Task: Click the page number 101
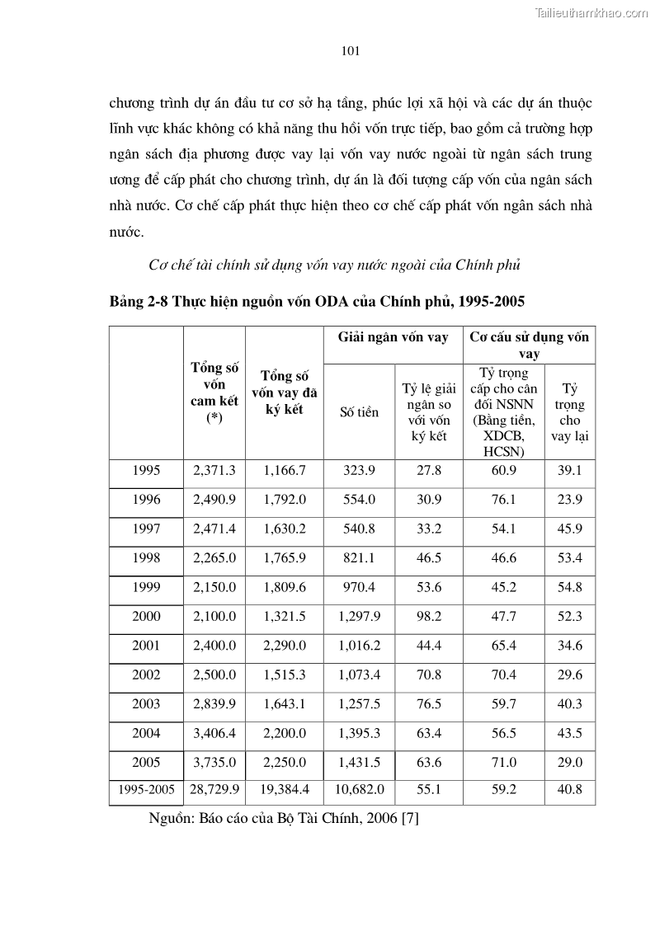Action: pos(350,51)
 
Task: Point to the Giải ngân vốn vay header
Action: pos(393,337)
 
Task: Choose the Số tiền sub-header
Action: pos(359,411)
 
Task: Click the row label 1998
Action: pos(146,558)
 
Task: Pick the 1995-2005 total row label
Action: pos(146,790)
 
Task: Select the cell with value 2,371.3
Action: pos(214,471)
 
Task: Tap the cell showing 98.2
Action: pos(429,617)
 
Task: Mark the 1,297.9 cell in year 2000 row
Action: pos(360,617)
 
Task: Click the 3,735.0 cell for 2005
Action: pos(214,763)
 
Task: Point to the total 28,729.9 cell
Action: pos(214,790)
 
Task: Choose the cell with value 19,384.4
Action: pos(285,790)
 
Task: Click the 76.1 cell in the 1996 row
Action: pos(503,500)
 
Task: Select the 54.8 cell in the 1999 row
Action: pos(569,588)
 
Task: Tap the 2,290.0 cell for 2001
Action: pos(285,646)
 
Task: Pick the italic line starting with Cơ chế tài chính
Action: pos(336,266)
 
